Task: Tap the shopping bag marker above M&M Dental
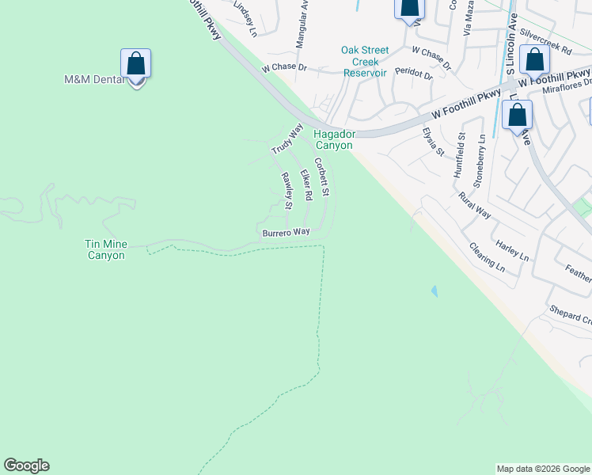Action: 135,63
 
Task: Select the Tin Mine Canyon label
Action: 105,250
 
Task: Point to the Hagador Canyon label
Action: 335,139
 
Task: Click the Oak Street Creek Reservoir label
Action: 365,61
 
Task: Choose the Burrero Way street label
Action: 286,232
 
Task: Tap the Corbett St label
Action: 321,178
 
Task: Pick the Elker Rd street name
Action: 306,184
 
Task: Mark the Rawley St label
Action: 288,191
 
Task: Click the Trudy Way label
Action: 287,139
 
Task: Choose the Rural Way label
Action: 475,204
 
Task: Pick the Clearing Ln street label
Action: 487,257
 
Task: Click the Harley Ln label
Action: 512,250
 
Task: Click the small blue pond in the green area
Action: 434,291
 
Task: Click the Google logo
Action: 26,465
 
